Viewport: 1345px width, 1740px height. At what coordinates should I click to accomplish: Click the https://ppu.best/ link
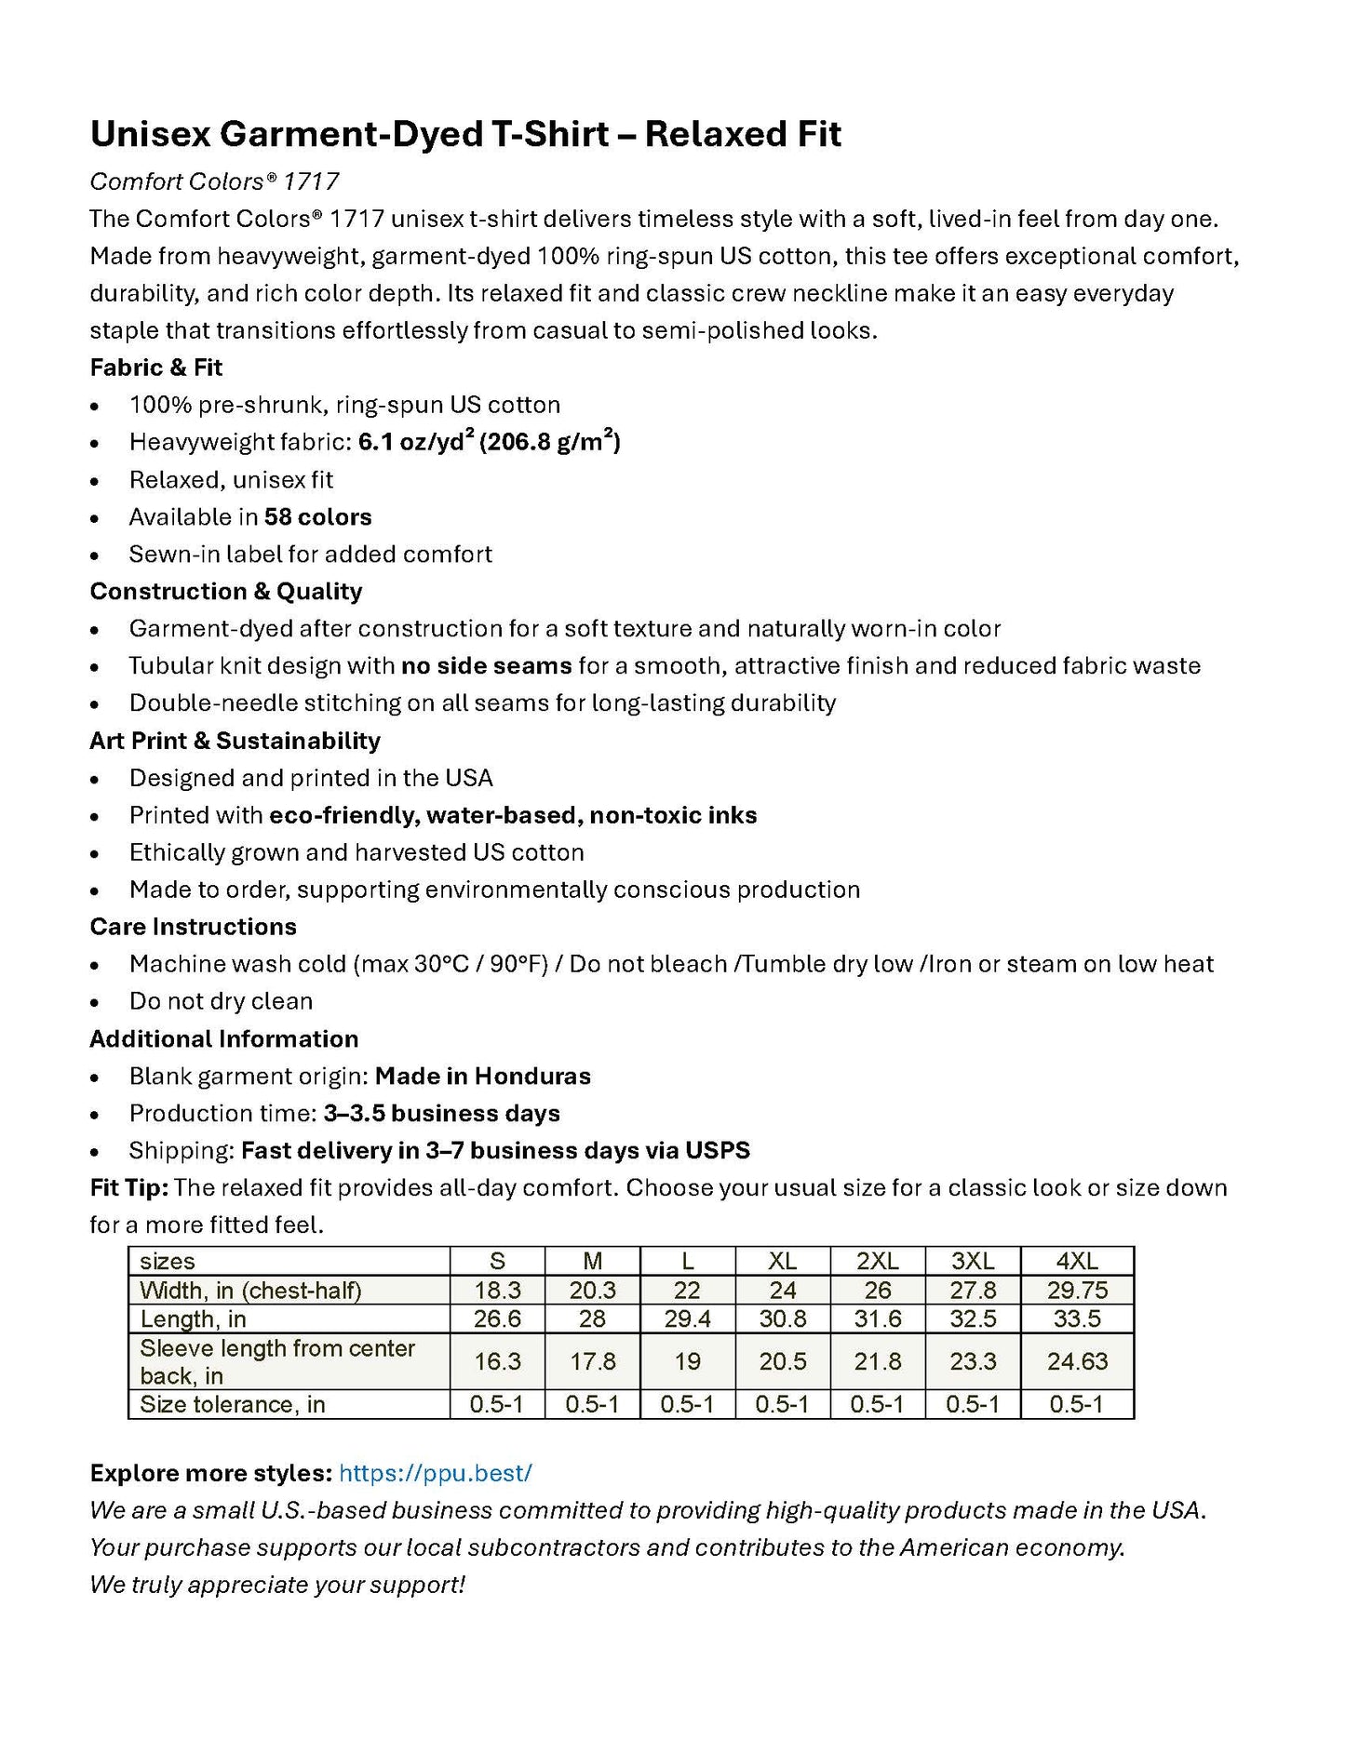[435, 1472]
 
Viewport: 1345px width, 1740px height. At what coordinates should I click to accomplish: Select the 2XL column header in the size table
[877, 1261]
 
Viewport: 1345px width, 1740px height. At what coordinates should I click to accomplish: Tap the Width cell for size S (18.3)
[497, 1290]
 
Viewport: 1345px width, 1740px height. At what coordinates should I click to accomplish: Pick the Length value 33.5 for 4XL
[1077, 1318]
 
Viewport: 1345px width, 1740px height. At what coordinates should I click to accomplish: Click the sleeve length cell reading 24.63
[1077, 1361]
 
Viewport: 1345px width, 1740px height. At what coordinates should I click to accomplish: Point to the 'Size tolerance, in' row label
[233, 1404]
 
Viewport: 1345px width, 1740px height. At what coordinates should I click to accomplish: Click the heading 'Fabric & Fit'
[155, 368]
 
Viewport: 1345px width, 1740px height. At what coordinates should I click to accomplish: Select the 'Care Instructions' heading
[193, 927]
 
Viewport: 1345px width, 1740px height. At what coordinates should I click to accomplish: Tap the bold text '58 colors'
[317, 517]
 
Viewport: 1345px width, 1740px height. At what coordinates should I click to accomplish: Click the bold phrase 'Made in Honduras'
[482, 1077]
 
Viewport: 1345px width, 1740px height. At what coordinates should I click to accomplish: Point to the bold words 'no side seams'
[486, 666]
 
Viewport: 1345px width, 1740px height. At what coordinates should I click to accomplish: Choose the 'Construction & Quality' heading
[225, 592]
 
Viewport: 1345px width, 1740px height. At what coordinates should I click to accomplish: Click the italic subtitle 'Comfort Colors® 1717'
[214, 181]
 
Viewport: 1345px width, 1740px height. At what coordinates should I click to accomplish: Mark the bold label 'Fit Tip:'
[128, 1188]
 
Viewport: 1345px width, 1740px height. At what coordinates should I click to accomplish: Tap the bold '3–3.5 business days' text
[441, 1114]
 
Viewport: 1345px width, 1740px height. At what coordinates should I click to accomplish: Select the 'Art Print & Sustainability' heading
[235, 741]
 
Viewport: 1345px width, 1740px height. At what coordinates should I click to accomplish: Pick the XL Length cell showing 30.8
[782, 1318]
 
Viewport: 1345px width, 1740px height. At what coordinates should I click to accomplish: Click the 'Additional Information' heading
[223, 1039]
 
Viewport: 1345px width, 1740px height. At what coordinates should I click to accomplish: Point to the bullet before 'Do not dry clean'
[95, 1003]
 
